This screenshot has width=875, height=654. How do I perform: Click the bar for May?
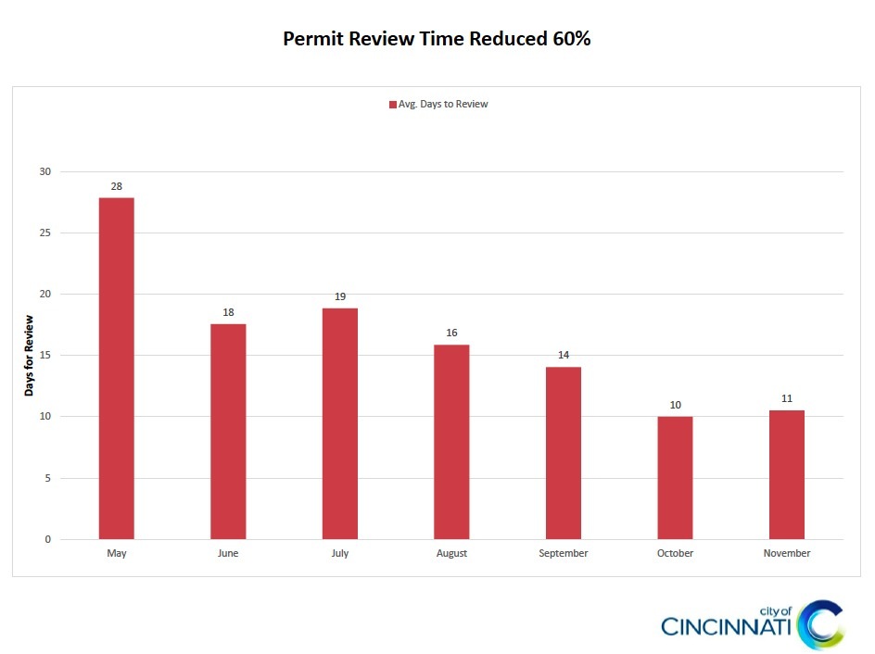click(116, 369)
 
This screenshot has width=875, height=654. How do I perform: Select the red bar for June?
click(228, 432)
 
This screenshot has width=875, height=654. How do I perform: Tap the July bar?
click(340, 423)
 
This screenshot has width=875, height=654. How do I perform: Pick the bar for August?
click(451, 442)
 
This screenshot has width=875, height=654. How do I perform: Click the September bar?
click(564, 453)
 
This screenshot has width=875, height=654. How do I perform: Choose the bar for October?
click(675, 478)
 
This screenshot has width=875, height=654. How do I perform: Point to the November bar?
click(787, 474)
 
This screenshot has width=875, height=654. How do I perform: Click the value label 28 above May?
click(117, 186)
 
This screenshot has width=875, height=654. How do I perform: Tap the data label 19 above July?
click(340, 296)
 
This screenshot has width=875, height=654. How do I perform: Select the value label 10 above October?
click(675, 405)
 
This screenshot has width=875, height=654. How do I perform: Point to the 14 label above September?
click(564, 355)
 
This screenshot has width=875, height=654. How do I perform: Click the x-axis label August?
click(451, 554)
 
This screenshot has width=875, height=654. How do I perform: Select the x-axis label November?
click(787, 554)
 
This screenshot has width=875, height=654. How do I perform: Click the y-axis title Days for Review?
click(29, 356)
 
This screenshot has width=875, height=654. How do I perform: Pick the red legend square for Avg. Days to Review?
click(393, 105)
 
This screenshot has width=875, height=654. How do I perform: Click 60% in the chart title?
click(569, 40)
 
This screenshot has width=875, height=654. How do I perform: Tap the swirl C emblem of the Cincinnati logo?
click(821, 623)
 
